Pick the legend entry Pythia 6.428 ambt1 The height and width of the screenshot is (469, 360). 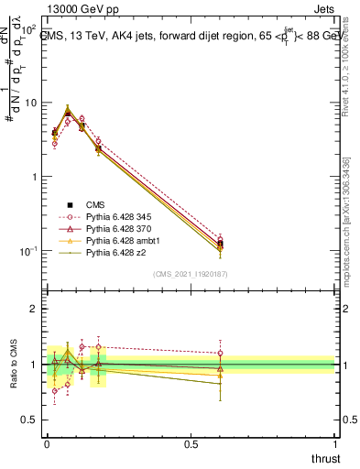(x=118, y=240)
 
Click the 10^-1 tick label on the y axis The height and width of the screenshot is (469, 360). (x=30, y=250)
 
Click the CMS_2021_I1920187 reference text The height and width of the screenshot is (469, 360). (x=190, y=273)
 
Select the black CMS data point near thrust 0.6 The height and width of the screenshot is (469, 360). (x=220, y=244)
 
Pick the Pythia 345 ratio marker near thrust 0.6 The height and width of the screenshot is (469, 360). (x=220, y=353)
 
